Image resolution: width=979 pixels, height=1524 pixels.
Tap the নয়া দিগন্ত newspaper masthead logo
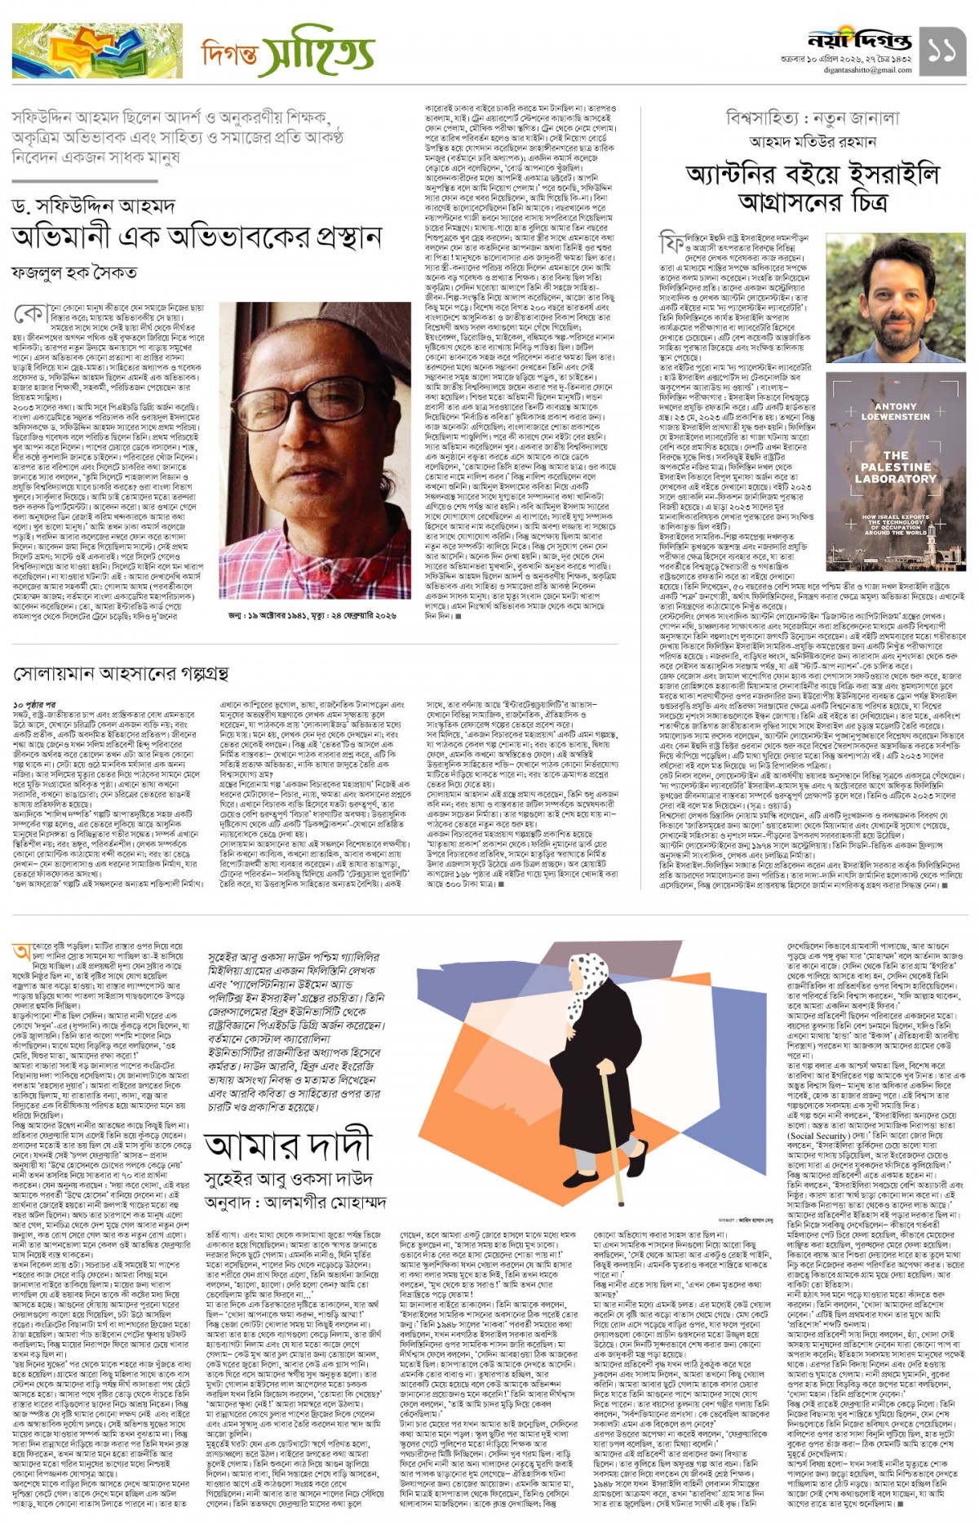coord(859,40)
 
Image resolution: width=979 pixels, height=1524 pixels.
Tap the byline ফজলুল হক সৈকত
coord(74,272)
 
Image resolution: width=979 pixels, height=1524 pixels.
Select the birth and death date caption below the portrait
coord(312,615)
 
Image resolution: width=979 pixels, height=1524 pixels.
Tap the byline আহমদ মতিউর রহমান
coord(813,142)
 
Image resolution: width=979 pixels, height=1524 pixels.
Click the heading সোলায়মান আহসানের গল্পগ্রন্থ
coord(121,673)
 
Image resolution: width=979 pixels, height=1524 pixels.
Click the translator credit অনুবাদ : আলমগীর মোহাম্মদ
coord(295,1203)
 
